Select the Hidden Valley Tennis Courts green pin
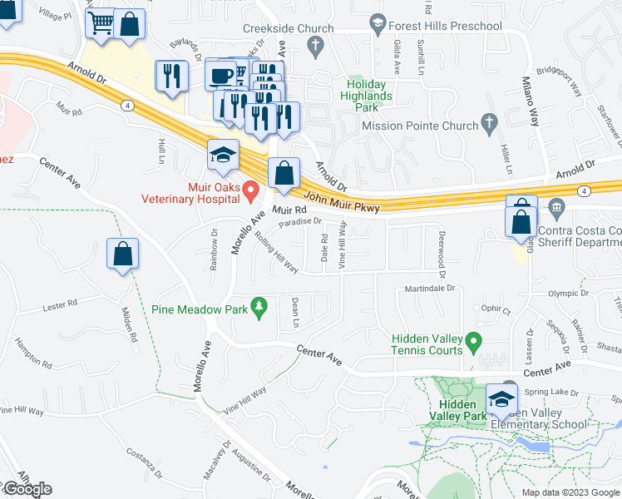[473, 341]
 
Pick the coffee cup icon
[221, 75]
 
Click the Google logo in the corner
[27, 488]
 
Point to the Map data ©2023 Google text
[570, 492]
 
